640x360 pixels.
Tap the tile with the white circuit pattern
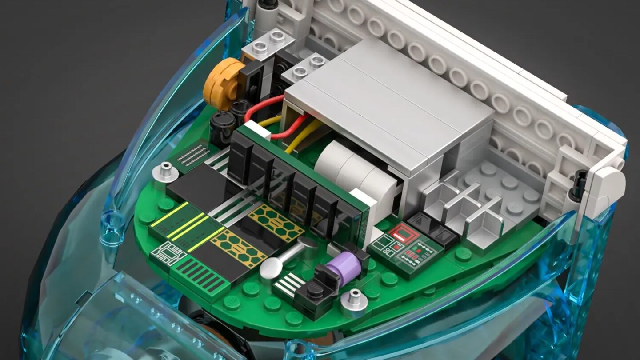[x=169, y=254]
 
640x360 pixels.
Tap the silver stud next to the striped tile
[x=165, y=171]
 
